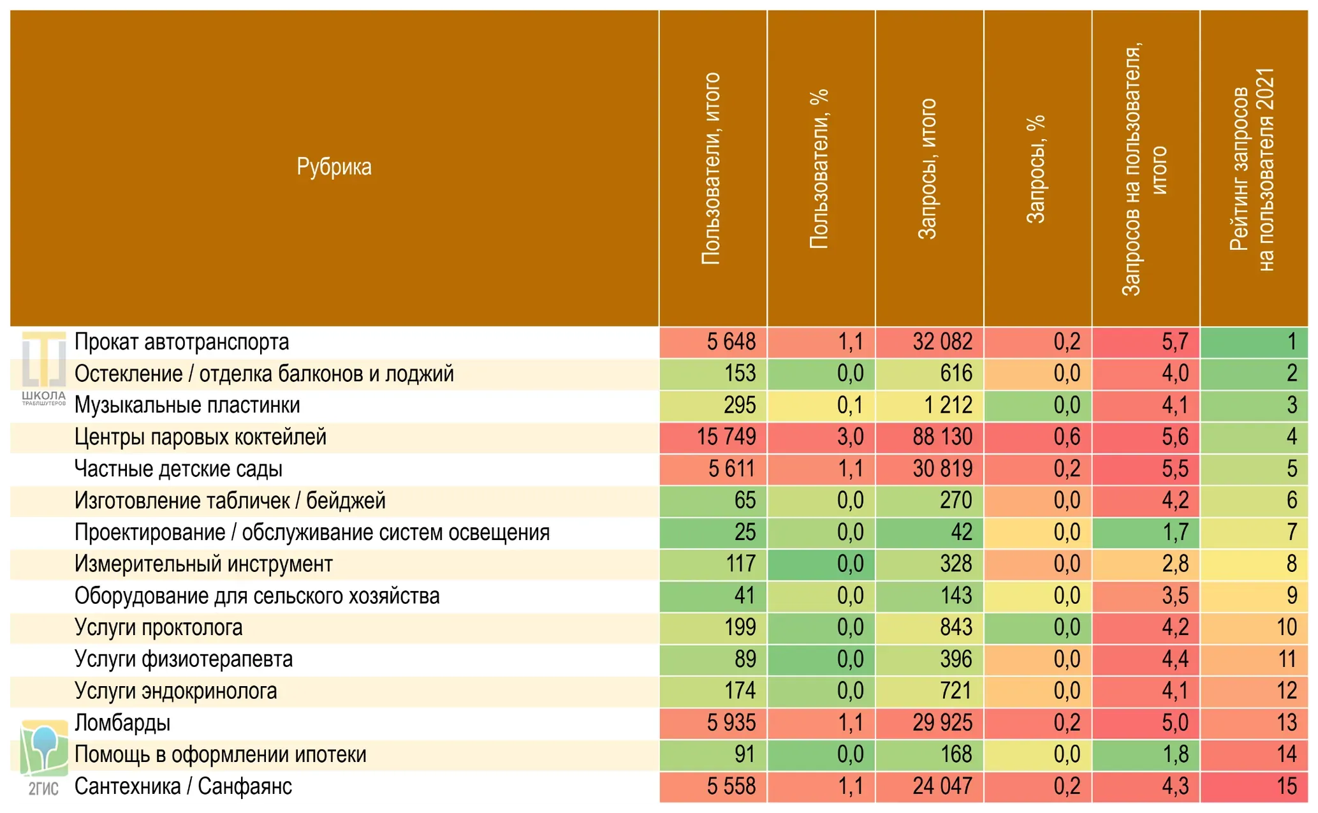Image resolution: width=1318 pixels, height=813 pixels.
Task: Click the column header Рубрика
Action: (x=333, y=167)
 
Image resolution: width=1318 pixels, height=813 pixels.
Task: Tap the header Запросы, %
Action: (x=1036, y=169)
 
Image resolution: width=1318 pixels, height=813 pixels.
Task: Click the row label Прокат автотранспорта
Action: (x=182, y=342)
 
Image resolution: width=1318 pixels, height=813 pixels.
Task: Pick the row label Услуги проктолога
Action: (x=159, y=628)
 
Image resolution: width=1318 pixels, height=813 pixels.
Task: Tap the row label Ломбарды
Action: (x=122, y=723)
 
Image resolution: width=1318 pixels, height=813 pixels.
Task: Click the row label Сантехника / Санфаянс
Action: (x=184, y=786)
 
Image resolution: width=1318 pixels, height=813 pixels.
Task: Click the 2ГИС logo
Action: (x=44, y=758)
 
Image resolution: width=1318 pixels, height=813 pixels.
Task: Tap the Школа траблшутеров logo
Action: (x=44, y=369)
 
